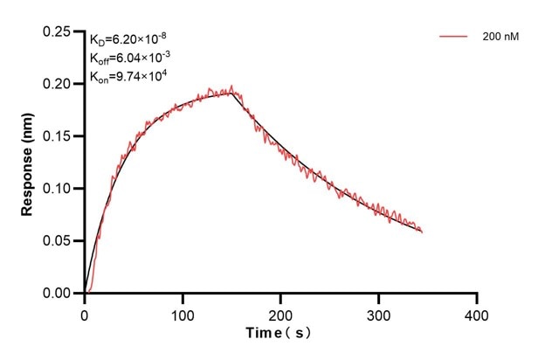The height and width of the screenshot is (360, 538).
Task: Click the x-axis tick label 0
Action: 84,312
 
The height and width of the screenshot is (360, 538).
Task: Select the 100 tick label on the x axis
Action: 182,312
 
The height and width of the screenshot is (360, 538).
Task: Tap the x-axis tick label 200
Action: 280,312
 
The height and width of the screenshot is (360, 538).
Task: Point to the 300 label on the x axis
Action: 378,312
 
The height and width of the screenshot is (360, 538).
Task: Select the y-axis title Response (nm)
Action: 28,163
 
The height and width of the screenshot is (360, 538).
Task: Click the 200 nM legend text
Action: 500,37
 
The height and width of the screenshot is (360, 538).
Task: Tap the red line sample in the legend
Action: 454,37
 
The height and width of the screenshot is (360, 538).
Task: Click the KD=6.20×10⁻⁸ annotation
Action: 128,39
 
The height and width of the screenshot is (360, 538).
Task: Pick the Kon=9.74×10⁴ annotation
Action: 128,76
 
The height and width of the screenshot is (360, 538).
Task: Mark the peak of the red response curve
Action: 231,86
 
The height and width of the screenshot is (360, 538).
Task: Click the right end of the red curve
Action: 422,232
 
